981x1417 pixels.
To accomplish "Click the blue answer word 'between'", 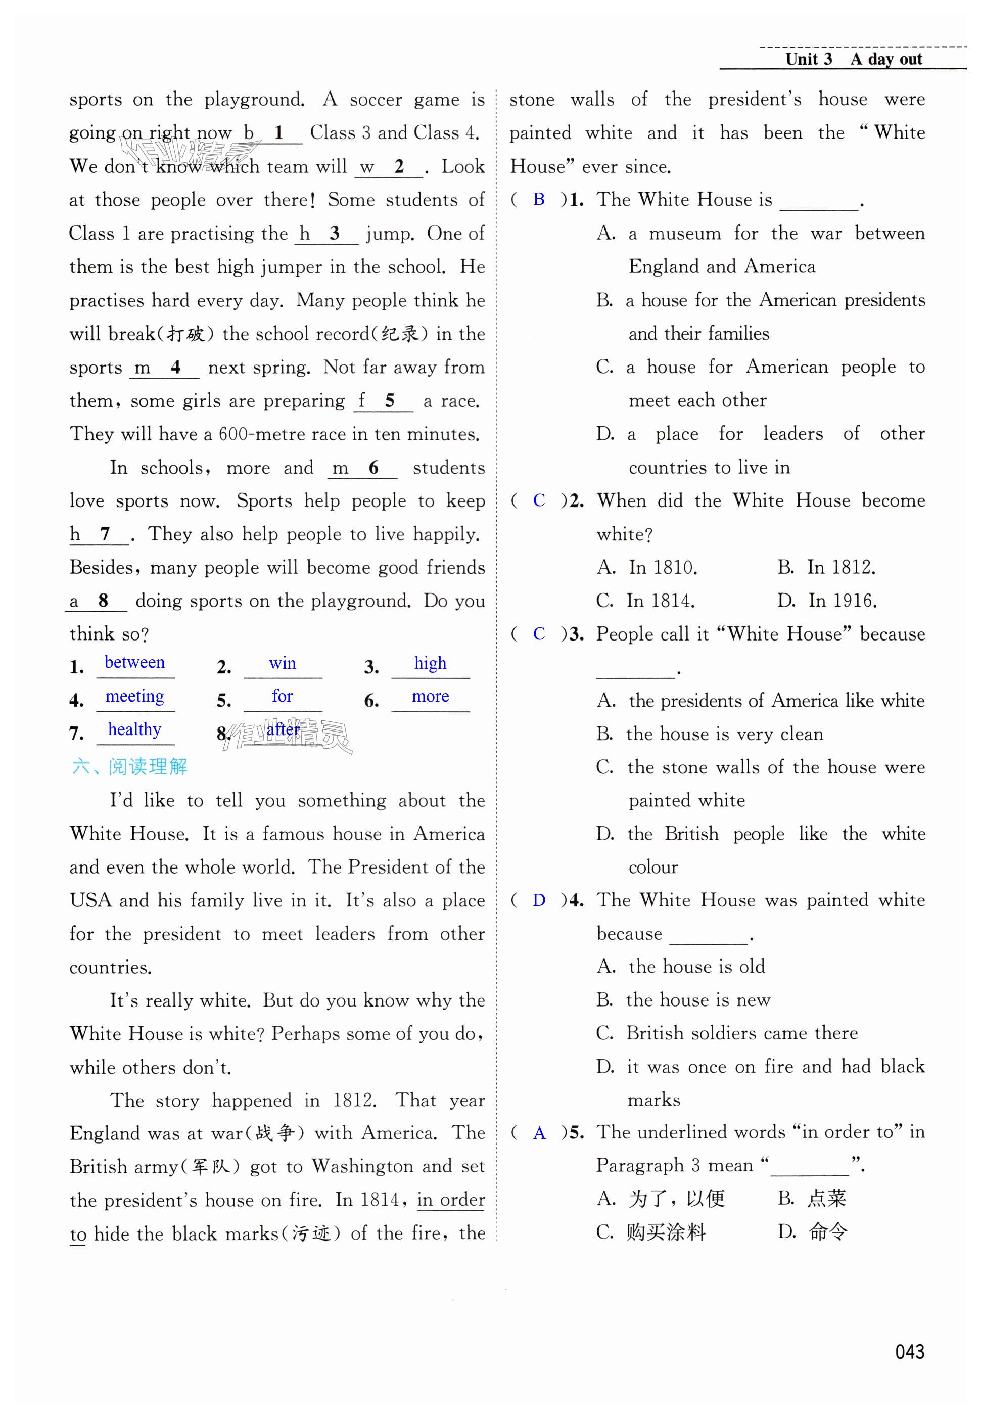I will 134,662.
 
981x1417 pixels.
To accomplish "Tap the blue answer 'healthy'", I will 134,729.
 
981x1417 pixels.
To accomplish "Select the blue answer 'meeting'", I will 134,696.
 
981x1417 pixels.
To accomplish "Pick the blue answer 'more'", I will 430,696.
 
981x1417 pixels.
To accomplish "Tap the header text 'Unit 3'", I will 808,59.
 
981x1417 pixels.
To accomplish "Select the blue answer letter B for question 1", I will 539,199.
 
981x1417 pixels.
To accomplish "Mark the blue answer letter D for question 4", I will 539,901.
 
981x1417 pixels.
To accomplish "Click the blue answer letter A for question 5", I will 539,1133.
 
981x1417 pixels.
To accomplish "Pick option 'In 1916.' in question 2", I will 842,601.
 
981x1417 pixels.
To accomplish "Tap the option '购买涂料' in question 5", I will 666,1232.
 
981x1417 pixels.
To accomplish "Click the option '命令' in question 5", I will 828,1232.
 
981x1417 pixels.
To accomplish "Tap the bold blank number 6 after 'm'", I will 373,468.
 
